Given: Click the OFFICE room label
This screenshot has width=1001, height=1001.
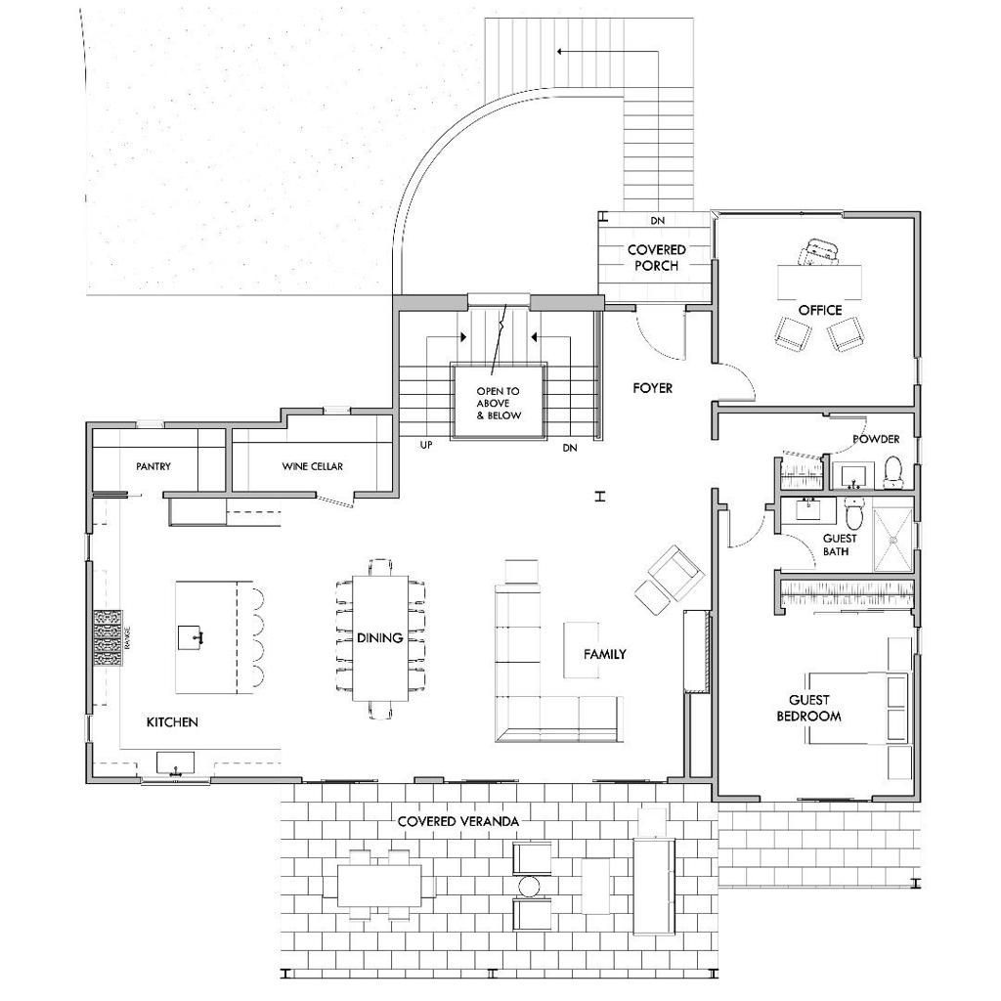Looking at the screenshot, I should (x=819, y=310).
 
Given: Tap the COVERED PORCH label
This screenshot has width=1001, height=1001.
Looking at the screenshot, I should (x=656, y=257).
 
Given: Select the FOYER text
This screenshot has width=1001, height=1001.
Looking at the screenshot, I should (x=652, y=388).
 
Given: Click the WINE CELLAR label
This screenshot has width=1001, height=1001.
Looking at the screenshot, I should (x=313, y=466).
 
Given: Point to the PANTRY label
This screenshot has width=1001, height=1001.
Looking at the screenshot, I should (x=153, y=466).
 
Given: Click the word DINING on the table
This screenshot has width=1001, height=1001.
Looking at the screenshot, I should (x=379, y=638).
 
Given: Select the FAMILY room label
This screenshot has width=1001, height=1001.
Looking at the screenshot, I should (x=604, y=654).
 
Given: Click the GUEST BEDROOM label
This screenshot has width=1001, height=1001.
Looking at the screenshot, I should (x=808, y=708).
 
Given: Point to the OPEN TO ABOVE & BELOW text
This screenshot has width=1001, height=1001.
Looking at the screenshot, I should (x=499, y=403).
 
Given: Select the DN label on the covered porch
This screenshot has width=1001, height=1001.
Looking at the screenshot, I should (x=657, y=221).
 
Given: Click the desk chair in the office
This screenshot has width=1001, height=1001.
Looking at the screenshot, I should (x=819, y=253).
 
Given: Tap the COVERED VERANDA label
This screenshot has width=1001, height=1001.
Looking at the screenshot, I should (x=457, y=821).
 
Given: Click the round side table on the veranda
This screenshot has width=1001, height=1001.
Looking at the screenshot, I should (x=529, y=887).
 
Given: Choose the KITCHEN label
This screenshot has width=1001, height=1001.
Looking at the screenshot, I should (x=172, y=721).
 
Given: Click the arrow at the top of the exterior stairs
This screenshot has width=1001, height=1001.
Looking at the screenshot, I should (x=561, y=51).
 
